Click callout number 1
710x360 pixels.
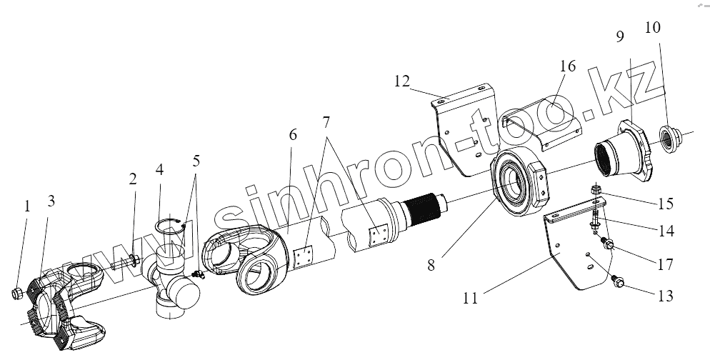[26, 206]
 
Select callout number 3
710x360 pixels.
[50, 201]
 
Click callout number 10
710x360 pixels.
[652, 29]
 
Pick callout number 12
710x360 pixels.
[401, 81]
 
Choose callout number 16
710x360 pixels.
[567, 67]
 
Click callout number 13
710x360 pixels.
[665, 295]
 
